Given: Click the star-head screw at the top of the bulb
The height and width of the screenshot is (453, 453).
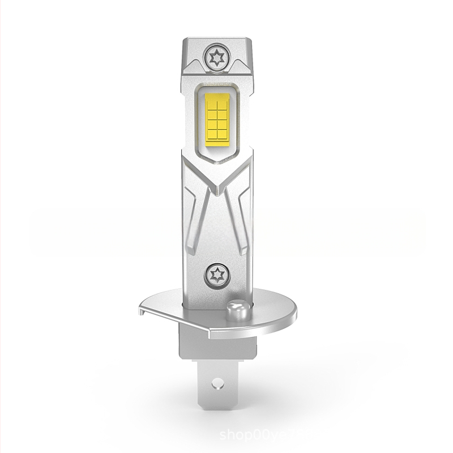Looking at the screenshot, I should [216, 58].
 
